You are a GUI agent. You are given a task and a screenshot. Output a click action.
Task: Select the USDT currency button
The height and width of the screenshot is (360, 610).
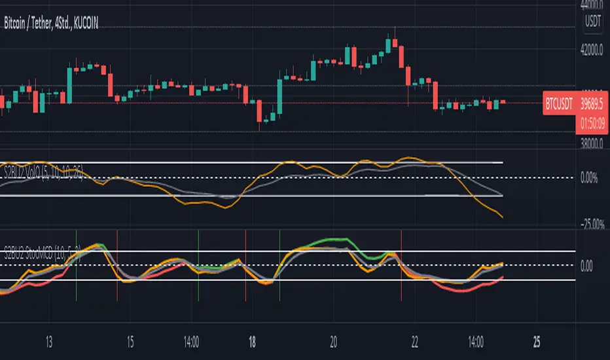tap(592, 21)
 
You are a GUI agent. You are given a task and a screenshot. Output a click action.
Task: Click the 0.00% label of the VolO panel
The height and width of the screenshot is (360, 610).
tap(590, 178)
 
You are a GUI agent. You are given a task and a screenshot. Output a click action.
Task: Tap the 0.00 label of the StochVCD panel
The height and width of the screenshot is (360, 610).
tap(587, 266)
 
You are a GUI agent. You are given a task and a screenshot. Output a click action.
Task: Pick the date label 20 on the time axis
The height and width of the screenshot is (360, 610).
tap(334, 341)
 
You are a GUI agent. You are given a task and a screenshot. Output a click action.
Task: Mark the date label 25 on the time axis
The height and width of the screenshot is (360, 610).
tap(535, 341)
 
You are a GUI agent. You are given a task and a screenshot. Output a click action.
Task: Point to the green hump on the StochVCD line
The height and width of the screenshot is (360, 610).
tap(335, 240)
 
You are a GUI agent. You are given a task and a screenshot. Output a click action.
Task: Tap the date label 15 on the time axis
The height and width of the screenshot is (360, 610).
tap(130, 341)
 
